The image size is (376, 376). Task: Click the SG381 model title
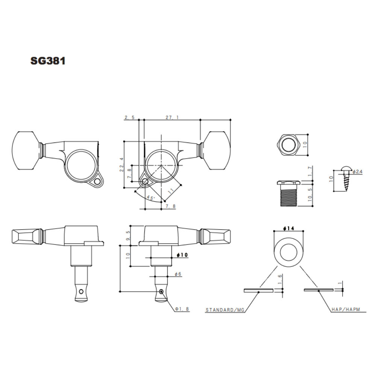tap(48, 61)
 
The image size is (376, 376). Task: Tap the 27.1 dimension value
tap(172, 117)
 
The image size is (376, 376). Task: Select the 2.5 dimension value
tap(129, 117)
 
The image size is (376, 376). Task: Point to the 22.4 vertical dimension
tap(121, 165)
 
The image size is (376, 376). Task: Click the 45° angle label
tap(151, 198)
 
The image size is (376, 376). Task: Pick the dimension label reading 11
tap(171, 191)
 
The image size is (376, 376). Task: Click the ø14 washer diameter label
tap(288, 228)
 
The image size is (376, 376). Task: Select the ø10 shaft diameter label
tap(182, 255)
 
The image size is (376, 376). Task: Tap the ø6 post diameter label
tap(178, 274)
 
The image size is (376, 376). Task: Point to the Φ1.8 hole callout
tap(182, 309)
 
